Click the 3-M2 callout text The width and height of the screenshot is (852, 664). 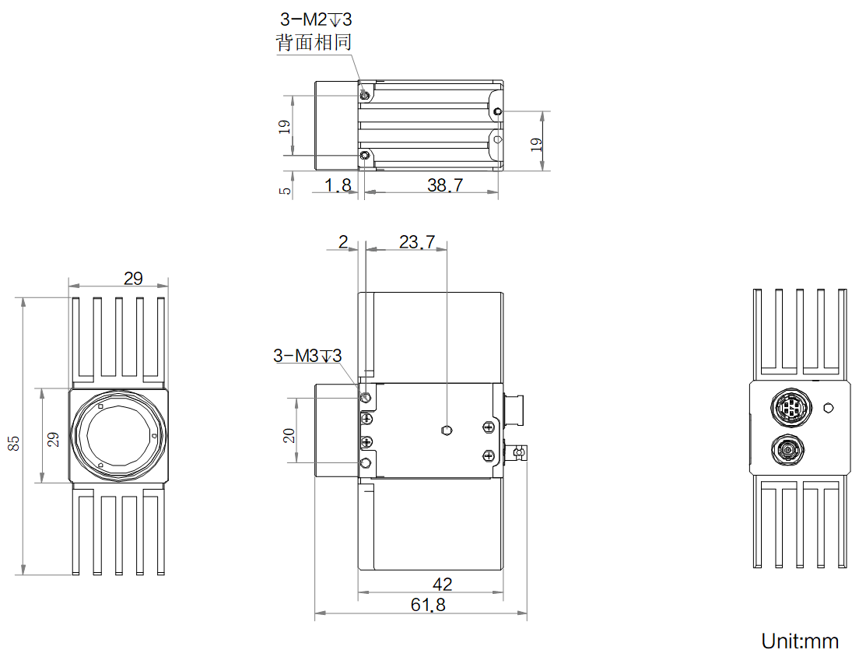(316, 19)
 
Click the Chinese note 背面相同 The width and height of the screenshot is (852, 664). (314, 42)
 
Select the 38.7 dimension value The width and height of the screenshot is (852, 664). (445, 185)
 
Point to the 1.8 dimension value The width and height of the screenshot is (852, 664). (338, 185)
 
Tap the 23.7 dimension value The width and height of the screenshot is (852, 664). (417, 241)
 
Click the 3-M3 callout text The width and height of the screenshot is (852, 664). (307, 356)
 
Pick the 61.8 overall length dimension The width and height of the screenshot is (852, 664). (428, 605)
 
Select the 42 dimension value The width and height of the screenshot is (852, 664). (442, 585)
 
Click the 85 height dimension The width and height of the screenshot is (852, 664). (13, 443)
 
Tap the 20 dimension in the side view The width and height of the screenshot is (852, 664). (289, 436)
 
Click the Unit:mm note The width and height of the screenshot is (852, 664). (800, 641)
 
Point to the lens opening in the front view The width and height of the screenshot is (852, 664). (119, 436)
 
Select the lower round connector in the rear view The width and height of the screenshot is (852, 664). (788, 450)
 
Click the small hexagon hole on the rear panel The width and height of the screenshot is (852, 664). (828, 407)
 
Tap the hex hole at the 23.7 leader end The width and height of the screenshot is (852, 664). (447, 430)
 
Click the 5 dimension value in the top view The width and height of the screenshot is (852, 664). (285, 191)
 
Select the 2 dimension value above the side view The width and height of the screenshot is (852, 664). (343, 241)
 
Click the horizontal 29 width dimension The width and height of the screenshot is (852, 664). (133, 279)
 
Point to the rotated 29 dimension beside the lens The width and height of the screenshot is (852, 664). (53, 439)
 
